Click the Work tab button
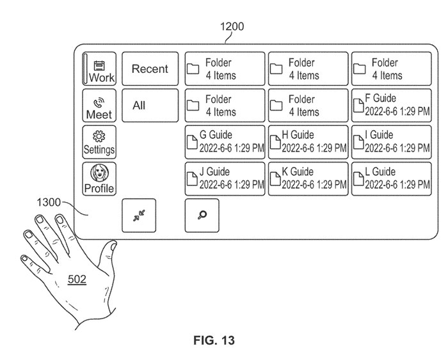coord(99,69)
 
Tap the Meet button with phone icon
coord(99,106)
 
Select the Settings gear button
coord(99,142)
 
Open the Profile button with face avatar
coord(99,179)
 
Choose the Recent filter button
coord(150,69)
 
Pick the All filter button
coord(150,106)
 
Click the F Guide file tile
coord(390,106)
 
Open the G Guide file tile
coord(225,142)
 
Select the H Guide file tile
coord(307,142)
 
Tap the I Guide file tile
coord(390,142)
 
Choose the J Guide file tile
coord(225,179)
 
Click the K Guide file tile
coord(307,179)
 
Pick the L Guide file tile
coord(390,179)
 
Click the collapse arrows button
coord(139,215)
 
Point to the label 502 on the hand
coord(77,279)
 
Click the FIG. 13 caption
coord(214,341)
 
